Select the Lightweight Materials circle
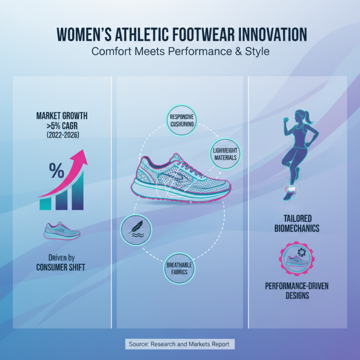point(225,152)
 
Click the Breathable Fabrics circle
point(179,268)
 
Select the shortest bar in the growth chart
point(45,204)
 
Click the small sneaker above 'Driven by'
point(62,231)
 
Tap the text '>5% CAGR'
point(62,126)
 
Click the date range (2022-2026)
point(62,135)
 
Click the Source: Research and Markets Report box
point(180,344)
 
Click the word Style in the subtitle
point(257,51)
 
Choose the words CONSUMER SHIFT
point(61,267)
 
